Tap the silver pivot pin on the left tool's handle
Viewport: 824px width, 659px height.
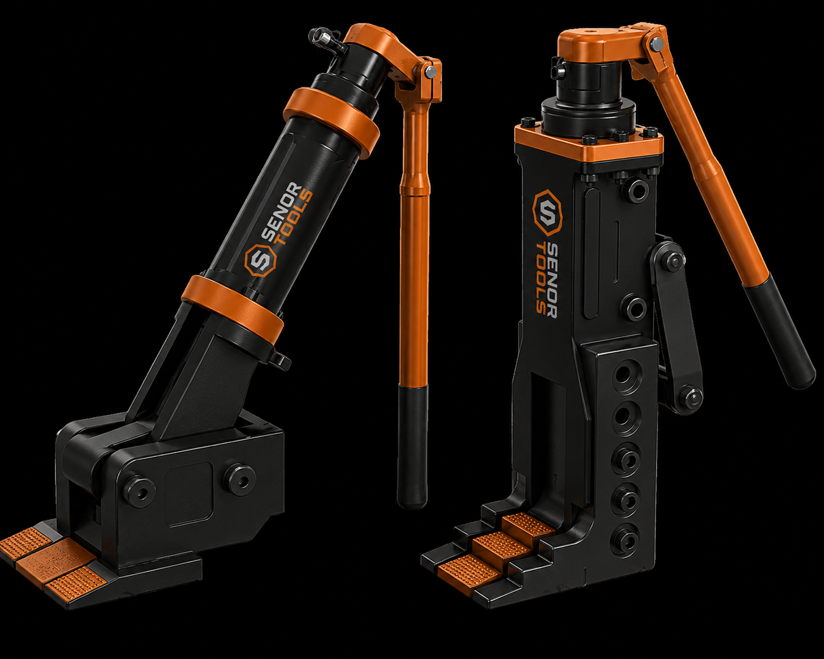coord(430,70)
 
